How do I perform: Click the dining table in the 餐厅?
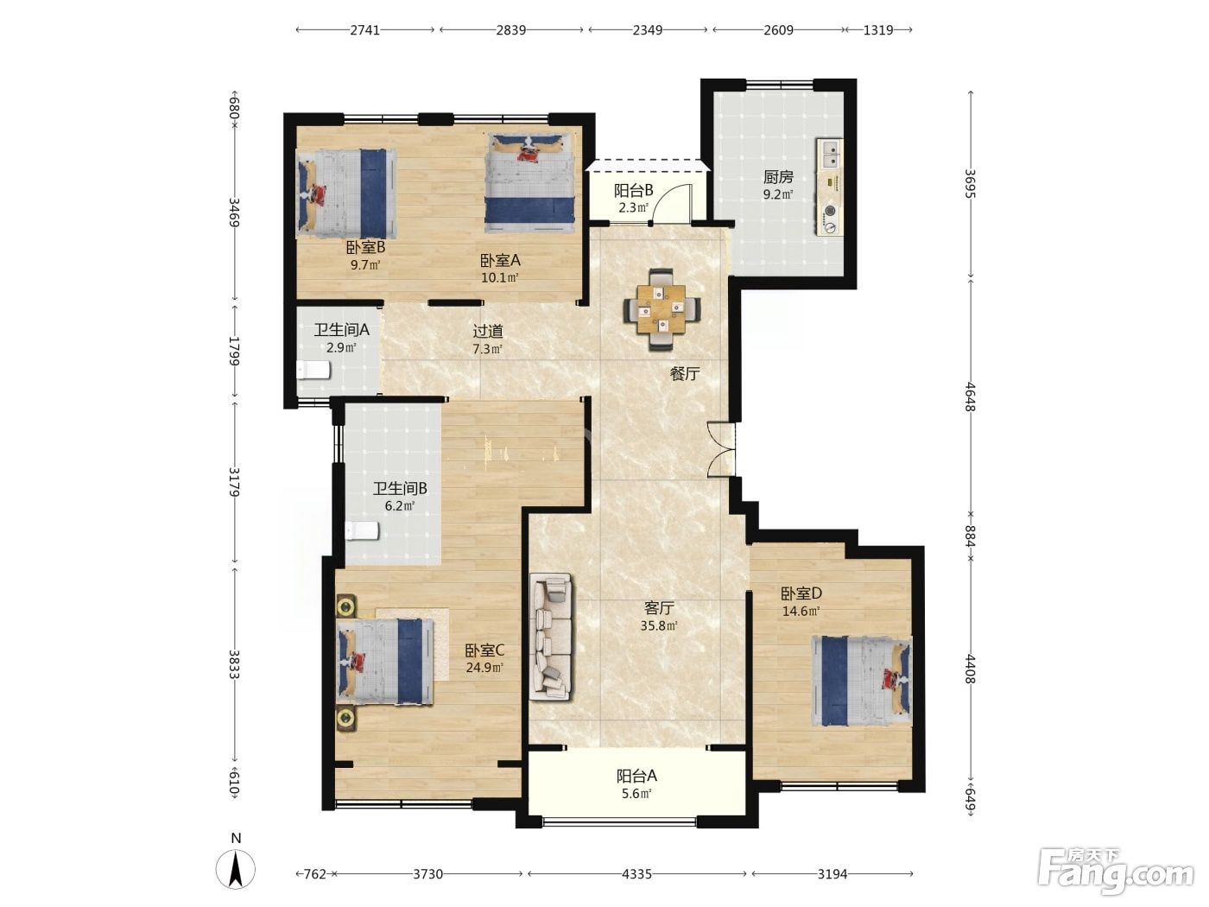[x=662, y=309]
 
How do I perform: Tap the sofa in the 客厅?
[x=550, y=637]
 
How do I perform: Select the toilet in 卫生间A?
[x=313, y=370]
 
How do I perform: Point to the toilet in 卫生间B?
[x=362, y=531]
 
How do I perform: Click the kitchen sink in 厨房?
[x=829, y=154]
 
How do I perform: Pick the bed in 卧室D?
[x=861, y=681]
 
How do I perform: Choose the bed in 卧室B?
[x=346, y=193]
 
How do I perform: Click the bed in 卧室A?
[x=529, y=183]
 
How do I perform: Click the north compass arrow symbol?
[x=236, y=870]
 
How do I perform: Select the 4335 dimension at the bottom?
[x=636, y=874]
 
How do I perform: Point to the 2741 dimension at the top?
[x=365, y=29]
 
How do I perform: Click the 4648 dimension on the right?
[x=971, y=396]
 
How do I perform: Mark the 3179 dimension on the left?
[x=235, y=481]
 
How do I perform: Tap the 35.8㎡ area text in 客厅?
[x=659, y=625]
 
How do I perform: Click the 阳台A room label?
[x=636, y=776]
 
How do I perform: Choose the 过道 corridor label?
[x=488, y=332]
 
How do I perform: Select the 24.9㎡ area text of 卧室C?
[x=484, y=668]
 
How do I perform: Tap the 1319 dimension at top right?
[x=878, y=29]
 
